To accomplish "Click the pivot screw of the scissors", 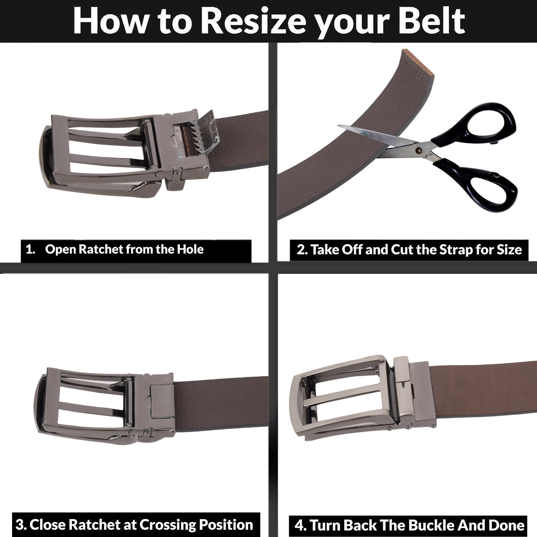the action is pos(417,151).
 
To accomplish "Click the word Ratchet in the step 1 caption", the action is pos(101,249).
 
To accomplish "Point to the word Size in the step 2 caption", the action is pos(509,250).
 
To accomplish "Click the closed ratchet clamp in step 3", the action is pos(161,401).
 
